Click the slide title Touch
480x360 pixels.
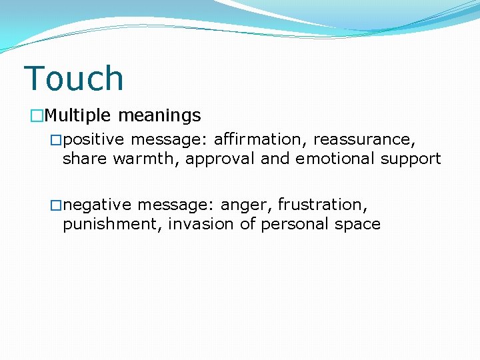[x=73, y=79]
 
